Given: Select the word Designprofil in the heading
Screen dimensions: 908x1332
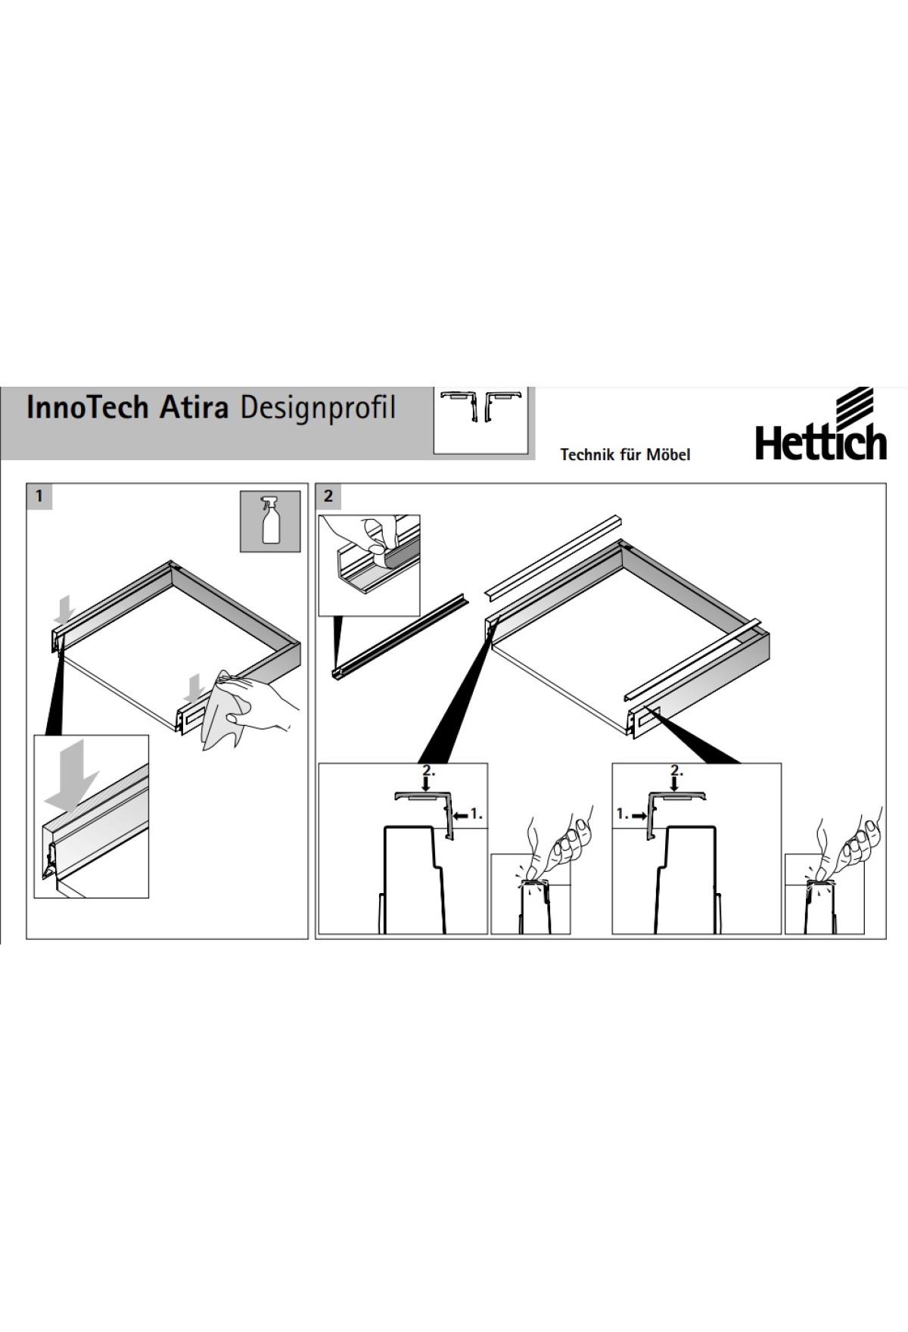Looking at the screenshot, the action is click(318, 409).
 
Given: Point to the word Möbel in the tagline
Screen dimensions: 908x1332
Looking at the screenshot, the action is click(668, 454).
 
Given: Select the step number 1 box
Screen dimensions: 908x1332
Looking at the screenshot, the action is click(39, 496).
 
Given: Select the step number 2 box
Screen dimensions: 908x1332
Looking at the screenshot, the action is click(328, 496).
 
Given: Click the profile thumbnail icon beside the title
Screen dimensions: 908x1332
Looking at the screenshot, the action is click(480, 420).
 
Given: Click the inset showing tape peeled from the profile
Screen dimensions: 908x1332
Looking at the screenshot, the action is click(369, 565).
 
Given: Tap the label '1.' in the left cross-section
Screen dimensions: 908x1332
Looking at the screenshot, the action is click(470, 814).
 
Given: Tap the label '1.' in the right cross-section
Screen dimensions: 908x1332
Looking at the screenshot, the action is click(629, 814).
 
